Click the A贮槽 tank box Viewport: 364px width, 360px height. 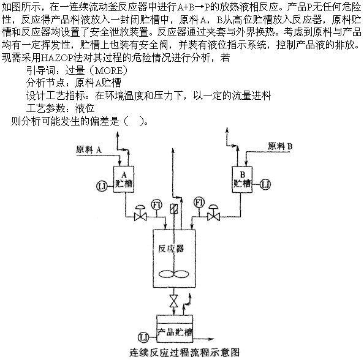(x=124, y=179)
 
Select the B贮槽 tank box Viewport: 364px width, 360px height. (x=242, y=179)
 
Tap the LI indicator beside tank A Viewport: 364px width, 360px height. (x=102, y=186)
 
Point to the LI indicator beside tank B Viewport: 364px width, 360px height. (x=265, y=185)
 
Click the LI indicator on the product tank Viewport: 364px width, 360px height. (x=143, y=337)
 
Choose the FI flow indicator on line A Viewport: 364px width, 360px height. (x=157, y=205)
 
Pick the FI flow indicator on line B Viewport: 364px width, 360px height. (x=199, y=203)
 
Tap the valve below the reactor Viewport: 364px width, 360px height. (x=173, y=301)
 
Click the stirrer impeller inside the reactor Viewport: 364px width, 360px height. (x=173, y=274)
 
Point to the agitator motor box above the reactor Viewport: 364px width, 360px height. (x=173, y=209)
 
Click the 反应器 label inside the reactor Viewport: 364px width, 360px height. (x=171, y=249)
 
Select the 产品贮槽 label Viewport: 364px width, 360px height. (x=175, y=332)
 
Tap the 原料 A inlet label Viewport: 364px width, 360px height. (x=89, y=150)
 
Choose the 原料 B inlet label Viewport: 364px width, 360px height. (x=280, y=146)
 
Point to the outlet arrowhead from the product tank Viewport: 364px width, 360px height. (x=211, y=339)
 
